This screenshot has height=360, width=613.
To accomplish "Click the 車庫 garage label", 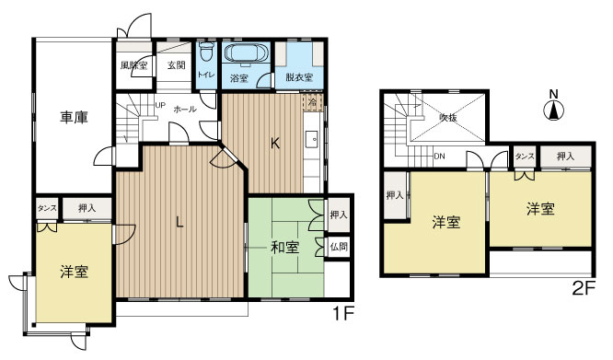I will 75,117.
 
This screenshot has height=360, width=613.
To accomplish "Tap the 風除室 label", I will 134,66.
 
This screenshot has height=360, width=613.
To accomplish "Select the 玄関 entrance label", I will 177,65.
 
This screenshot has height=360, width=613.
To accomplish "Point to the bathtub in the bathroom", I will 246,53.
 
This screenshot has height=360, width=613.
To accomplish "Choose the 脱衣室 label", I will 298,78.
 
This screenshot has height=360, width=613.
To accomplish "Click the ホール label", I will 184,109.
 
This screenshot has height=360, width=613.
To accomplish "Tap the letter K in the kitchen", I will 274,144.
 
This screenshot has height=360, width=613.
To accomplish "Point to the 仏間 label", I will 339,247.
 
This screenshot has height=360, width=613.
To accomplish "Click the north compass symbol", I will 553,110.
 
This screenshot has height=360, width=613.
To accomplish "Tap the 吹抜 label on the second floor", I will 448,118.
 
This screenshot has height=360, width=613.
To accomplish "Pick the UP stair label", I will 160,105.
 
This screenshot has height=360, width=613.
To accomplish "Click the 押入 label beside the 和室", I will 339,215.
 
